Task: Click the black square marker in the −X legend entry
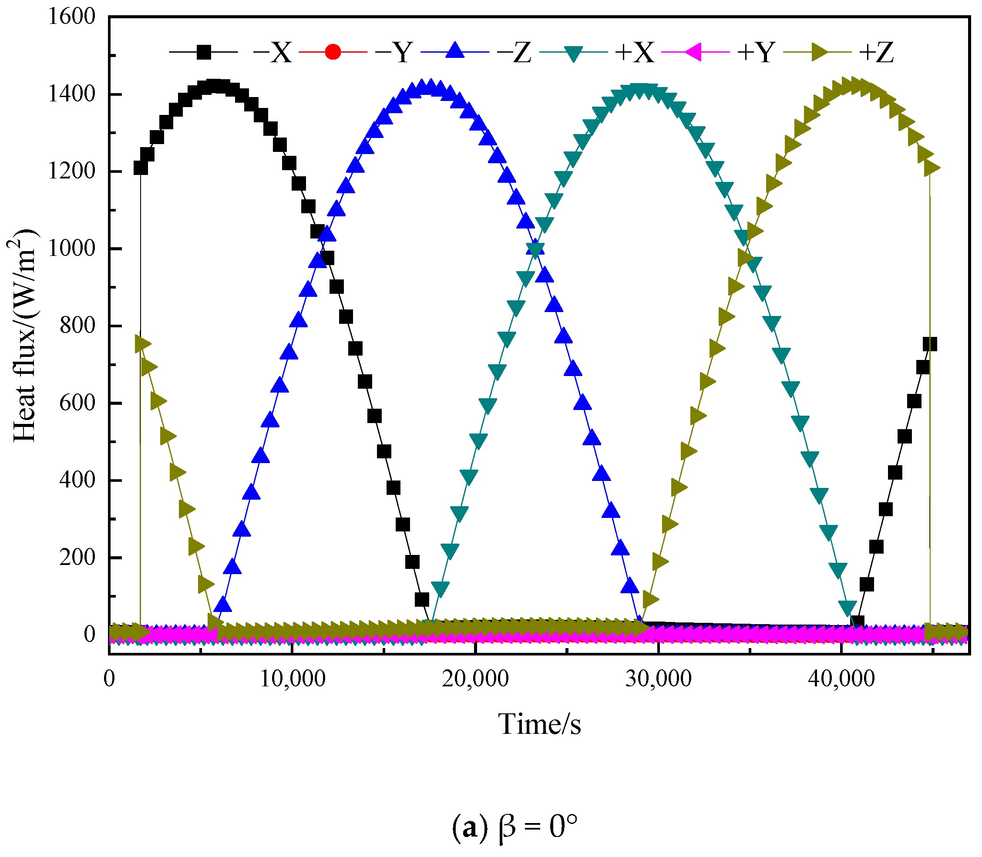click(204, 52)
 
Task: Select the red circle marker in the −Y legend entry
click(333, 52)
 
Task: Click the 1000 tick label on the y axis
click(72, 249)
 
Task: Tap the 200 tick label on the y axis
click(77, 558)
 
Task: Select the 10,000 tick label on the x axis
click(292, 679)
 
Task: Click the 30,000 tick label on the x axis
click(659, 679)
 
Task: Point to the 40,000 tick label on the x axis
click(842, 679)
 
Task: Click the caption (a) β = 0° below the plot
click(514, 827)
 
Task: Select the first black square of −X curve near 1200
click(141, 168)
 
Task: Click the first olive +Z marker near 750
click(142, 344)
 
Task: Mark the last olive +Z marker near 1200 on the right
click(932, 168)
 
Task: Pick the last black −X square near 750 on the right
click(929, 344)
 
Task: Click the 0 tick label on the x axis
click(110, 679)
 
